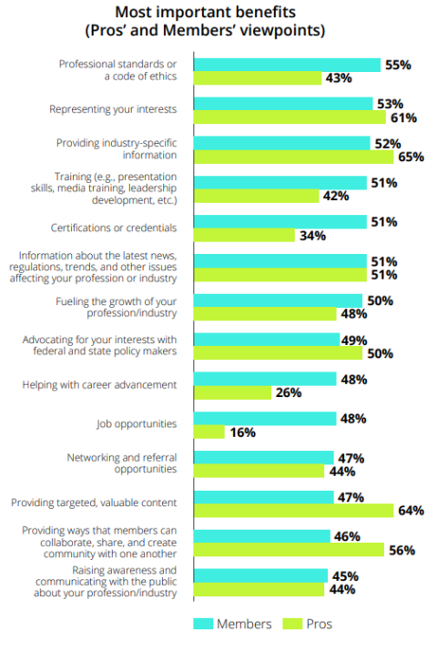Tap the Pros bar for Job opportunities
(209, 432)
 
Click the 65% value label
(412, 157)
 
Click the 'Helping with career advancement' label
(98, 385)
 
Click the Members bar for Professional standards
(287, 65)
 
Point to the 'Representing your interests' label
(113, 109)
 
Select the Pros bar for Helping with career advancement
(232, 392)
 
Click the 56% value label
(402, 549)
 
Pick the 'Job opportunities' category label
(136, 424)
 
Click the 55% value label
(399, 65)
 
